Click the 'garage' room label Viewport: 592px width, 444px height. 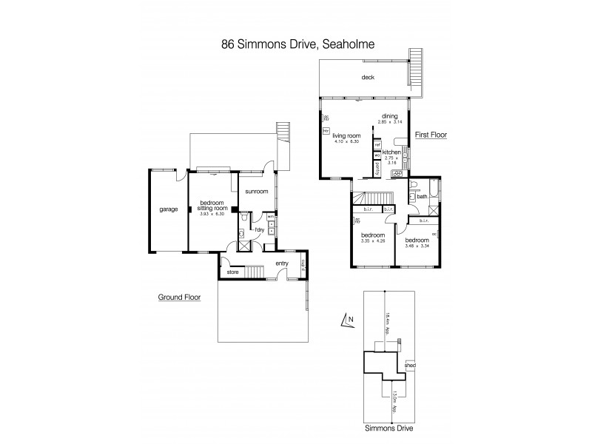click(169, 209)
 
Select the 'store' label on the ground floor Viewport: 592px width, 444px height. click(232, 272)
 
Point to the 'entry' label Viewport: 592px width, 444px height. click(282, 263)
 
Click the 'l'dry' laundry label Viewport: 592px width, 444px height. click(260, 229)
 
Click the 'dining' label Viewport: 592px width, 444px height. click(390, 115)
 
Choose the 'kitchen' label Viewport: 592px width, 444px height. click(392, 152)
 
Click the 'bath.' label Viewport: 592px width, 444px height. click(422, 197)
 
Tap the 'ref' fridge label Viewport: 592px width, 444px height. click(377, 145)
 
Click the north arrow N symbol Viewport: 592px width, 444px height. click(350, 320)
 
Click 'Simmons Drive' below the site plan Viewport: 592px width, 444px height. click(388, 428)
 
